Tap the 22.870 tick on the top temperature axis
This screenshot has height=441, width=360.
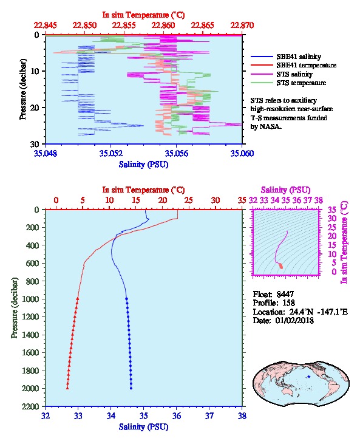[x=242, y=26]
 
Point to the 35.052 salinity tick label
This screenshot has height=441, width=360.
[x=111, y=153]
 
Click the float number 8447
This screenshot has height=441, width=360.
[x=285, y=294]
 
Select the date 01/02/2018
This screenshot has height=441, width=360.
[x=294, y=320]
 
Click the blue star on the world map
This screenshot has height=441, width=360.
[x=309, y=377]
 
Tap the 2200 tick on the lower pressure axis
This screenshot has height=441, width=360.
[x=30, y=406]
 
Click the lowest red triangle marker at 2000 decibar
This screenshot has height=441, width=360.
[x=67, y=388]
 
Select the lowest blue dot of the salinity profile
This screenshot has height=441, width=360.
[x=131, y=388]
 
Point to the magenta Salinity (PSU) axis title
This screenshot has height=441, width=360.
[x=285, y=190]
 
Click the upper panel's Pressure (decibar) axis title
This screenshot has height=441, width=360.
[x=23, y=89]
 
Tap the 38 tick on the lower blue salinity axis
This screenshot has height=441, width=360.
[x=242, y=415]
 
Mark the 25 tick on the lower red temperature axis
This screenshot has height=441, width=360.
[x=189, y=200]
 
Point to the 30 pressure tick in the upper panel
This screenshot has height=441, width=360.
[x=35, y=144]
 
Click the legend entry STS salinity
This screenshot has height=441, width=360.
[x=294, y=74]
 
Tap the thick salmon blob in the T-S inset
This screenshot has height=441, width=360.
[x=280, y=266]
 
